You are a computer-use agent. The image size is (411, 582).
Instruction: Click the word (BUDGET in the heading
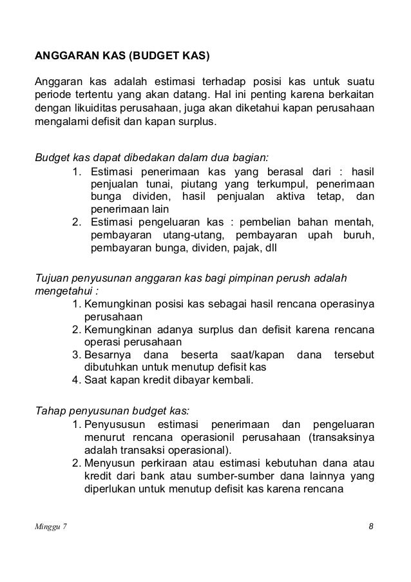tap(153, 55)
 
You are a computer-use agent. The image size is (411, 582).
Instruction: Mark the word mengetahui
tap(59, 290)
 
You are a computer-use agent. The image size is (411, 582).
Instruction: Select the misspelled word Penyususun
tap(113, 425)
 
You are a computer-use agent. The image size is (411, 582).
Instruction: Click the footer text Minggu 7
tap(50, 527)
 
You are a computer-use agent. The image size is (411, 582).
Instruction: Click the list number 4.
tap(75, 380)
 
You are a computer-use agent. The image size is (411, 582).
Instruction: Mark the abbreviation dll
tap(268, 247)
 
